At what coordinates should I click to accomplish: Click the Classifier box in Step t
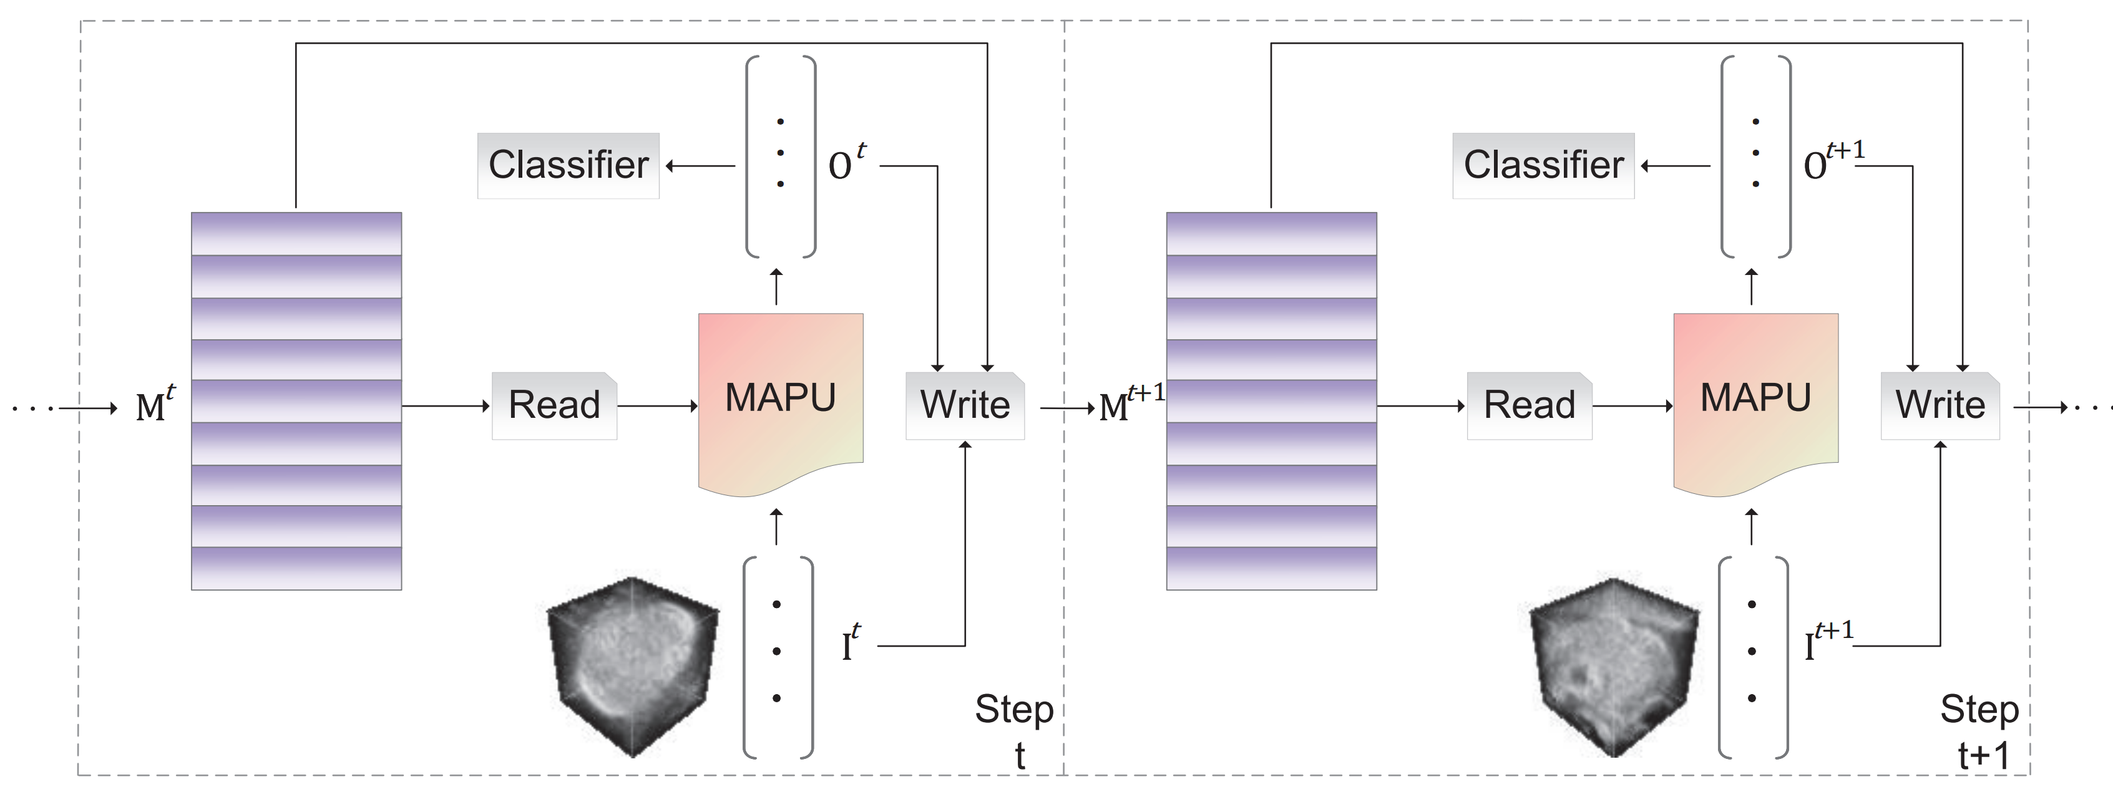click(x=569, y=166)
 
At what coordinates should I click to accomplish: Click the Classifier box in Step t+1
click(x=1543, y=166)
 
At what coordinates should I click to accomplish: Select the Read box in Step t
click(x=555, y=406)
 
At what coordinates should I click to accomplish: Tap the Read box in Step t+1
click(x=1529, y=406)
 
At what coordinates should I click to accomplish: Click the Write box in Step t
click(x=965, y=406)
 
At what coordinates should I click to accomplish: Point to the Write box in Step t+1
click(x=1940, y=406)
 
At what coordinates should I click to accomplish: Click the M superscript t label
click(x=155, y=404)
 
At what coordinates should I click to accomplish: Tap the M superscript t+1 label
click(x=1130, y=403)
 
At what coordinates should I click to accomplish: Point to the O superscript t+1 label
click(x=1832, y=162)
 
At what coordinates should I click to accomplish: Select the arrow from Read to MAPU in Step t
click(x=657, y=406)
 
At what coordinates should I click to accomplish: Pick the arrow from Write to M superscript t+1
click(x=1066, y=407)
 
